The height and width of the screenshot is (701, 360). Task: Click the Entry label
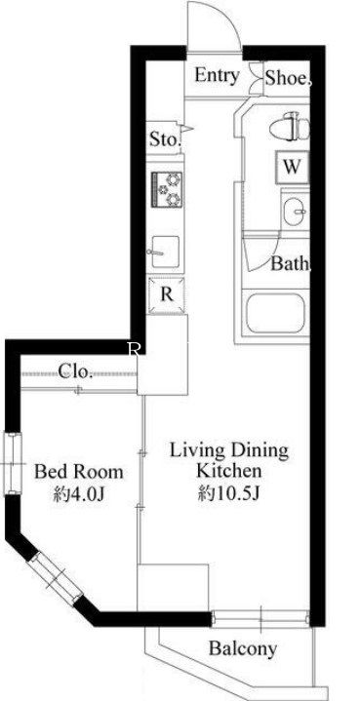click(217, 76)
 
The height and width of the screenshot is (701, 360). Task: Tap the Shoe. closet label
click(287, 78)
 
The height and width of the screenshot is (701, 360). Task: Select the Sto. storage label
click(165, 139)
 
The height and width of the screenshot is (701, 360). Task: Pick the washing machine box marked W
click(292, 167)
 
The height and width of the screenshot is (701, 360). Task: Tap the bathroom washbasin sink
click(295, 211)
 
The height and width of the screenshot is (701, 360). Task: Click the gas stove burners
click(168, 189)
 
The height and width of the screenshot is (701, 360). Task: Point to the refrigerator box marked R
click(167, 295)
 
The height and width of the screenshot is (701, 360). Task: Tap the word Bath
click(290, 264)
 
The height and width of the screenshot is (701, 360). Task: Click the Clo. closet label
click(75, 371)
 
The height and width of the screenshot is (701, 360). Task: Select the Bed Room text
click(79, 472)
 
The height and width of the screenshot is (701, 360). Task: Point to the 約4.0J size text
click(79, 494)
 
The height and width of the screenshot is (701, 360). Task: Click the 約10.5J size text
click(229, 493)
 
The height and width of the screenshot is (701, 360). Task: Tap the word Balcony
click(243, 648)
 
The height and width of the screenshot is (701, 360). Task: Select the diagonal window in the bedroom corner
click(55, 578)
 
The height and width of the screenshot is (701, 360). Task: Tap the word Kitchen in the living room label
click(229, 470)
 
